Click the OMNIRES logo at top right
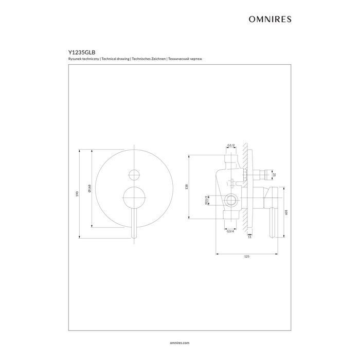270,19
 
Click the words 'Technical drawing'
116,60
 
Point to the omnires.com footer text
179,341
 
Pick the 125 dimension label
247,256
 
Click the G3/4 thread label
230,231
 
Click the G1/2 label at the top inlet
231,146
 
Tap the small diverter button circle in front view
134,173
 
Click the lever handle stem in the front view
134,219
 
